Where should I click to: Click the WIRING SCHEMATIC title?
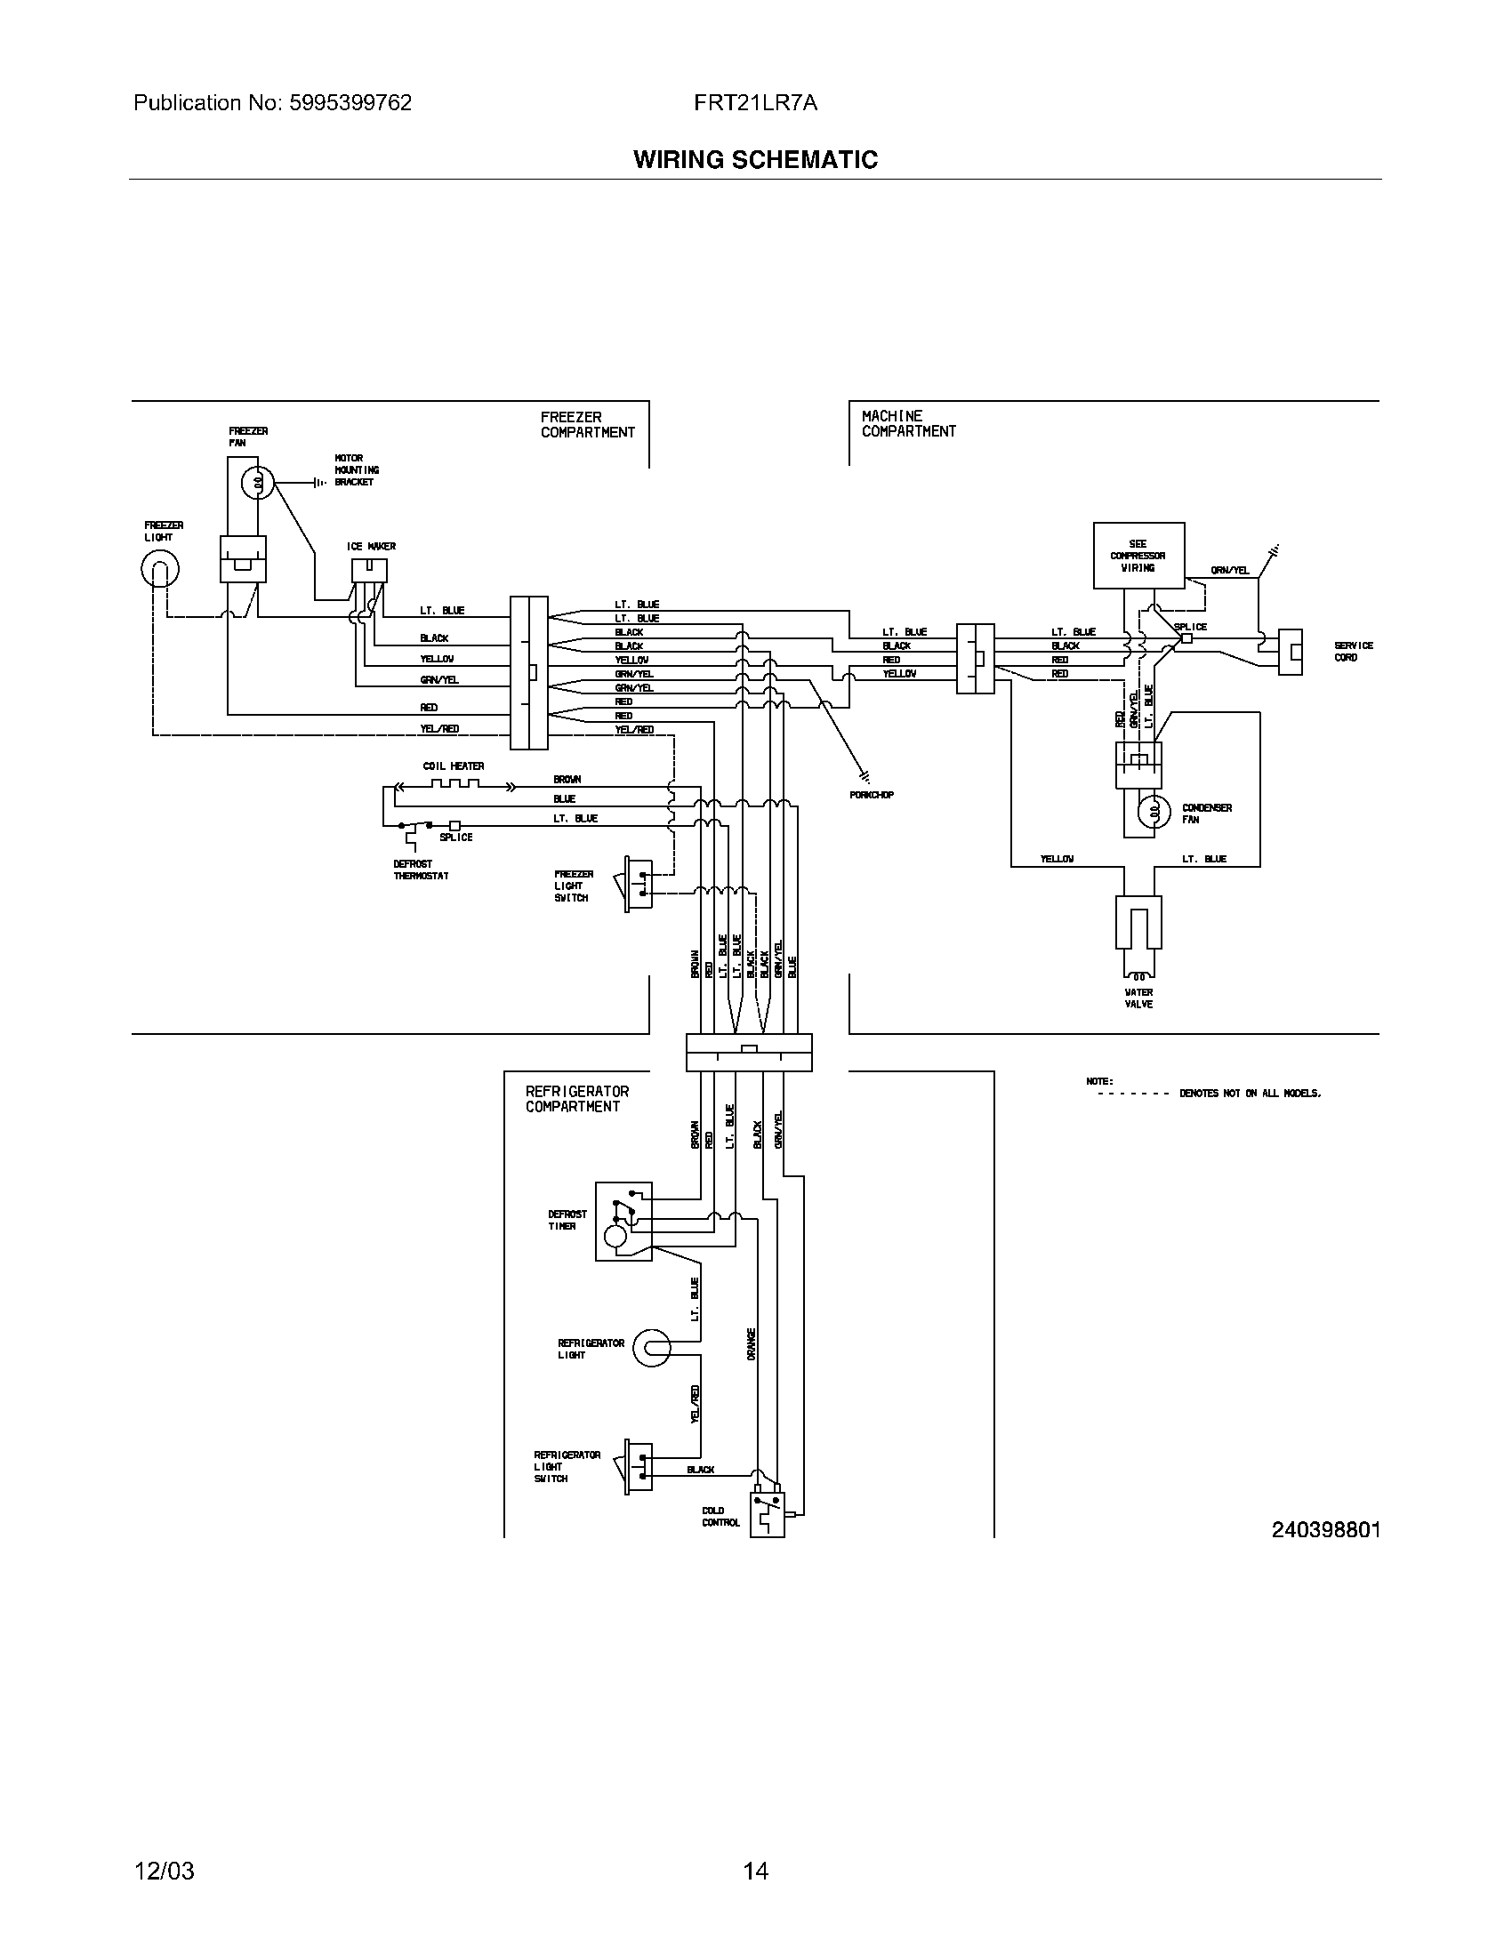pyautogui.click(x=755, y=160)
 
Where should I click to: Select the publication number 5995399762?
pyautogui.click(x=350, y=103)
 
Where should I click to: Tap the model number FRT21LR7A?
pyautogui.click(x=755, y=103)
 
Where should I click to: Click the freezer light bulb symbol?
pyautogui.click(x=160, y=569)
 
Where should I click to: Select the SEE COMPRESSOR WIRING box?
pyautogui.click(x=1138, y=557)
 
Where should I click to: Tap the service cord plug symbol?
pyautogui.click(x=1290, y=651)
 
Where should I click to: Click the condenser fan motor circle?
pyautogui.click(x=1154, y=812)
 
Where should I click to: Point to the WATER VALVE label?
pyautogui.click(x=1138, y=998)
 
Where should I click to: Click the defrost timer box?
pyautogui.click(x=623, y=1222)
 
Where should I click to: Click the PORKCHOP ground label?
pyautogui.click(x=872, y=794)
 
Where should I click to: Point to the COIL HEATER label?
pyautogui.click(x=454, y=766)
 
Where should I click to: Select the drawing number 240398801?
pyautogui.click(x=1326, y=1530)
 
